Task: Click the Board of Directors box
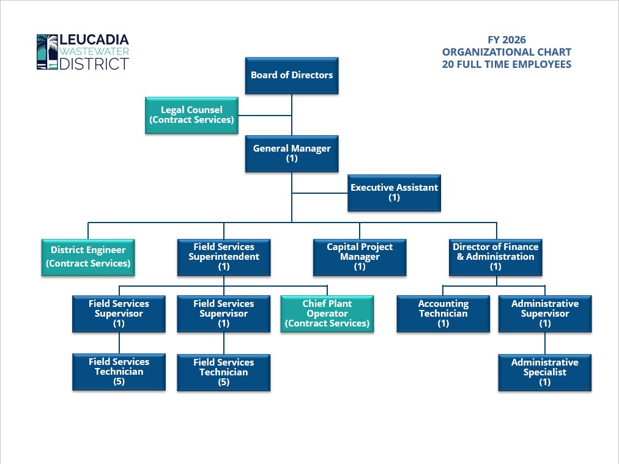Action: click(x=292, y=75)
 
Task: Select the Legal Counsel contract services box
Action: click(x=191, y=115)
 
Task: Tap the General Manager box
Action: click(x=292, y=153)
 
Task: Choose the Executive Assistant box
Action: click(x=394, y=193)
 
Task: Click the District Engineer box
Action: click(x=88, y=257)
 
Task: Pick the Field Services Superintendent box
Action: click(x=223, y=257)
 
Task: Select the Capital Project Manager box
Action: click(x=360, y=257)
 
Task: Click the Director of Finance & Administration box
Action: click(x=495, y=257)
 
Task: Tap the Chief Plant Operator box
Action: click(x=327, y=314)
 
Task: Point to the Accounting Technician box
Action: click(x=443, y=314)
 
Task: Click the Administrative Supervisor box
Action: click(x=544, y=314)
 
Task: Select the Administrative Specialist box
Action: click(x=544, y=372)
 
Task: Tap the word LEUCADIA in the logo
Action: click(x=94, y=41)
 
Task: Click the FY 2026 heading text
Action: click(x=506, y=41)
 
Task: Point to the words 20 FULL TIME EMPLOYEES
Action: click(x=506, y=64)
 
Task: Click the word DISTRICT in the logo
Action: click(x=94, y=64)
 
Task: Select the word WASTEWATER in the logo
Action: click(x=94, y=52)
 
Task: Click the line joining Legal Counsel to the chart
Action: click(x=264, y=114)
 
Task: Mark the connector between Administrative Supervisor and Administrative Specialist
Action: click(x=544, y=343)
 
